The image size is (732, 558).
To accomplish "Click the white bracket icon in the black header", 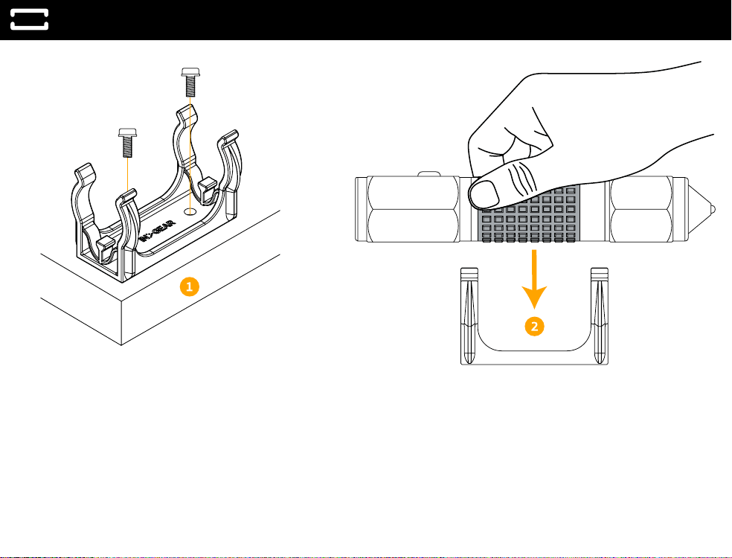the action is click(30, 19).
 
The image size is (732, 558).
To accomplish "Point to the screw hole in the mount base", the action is click(191, 211).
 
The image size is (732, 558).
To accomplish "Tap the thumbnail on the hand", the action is click(488, 193).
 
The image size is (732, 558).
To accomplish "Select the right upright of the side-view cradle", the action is click(600, 312).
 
